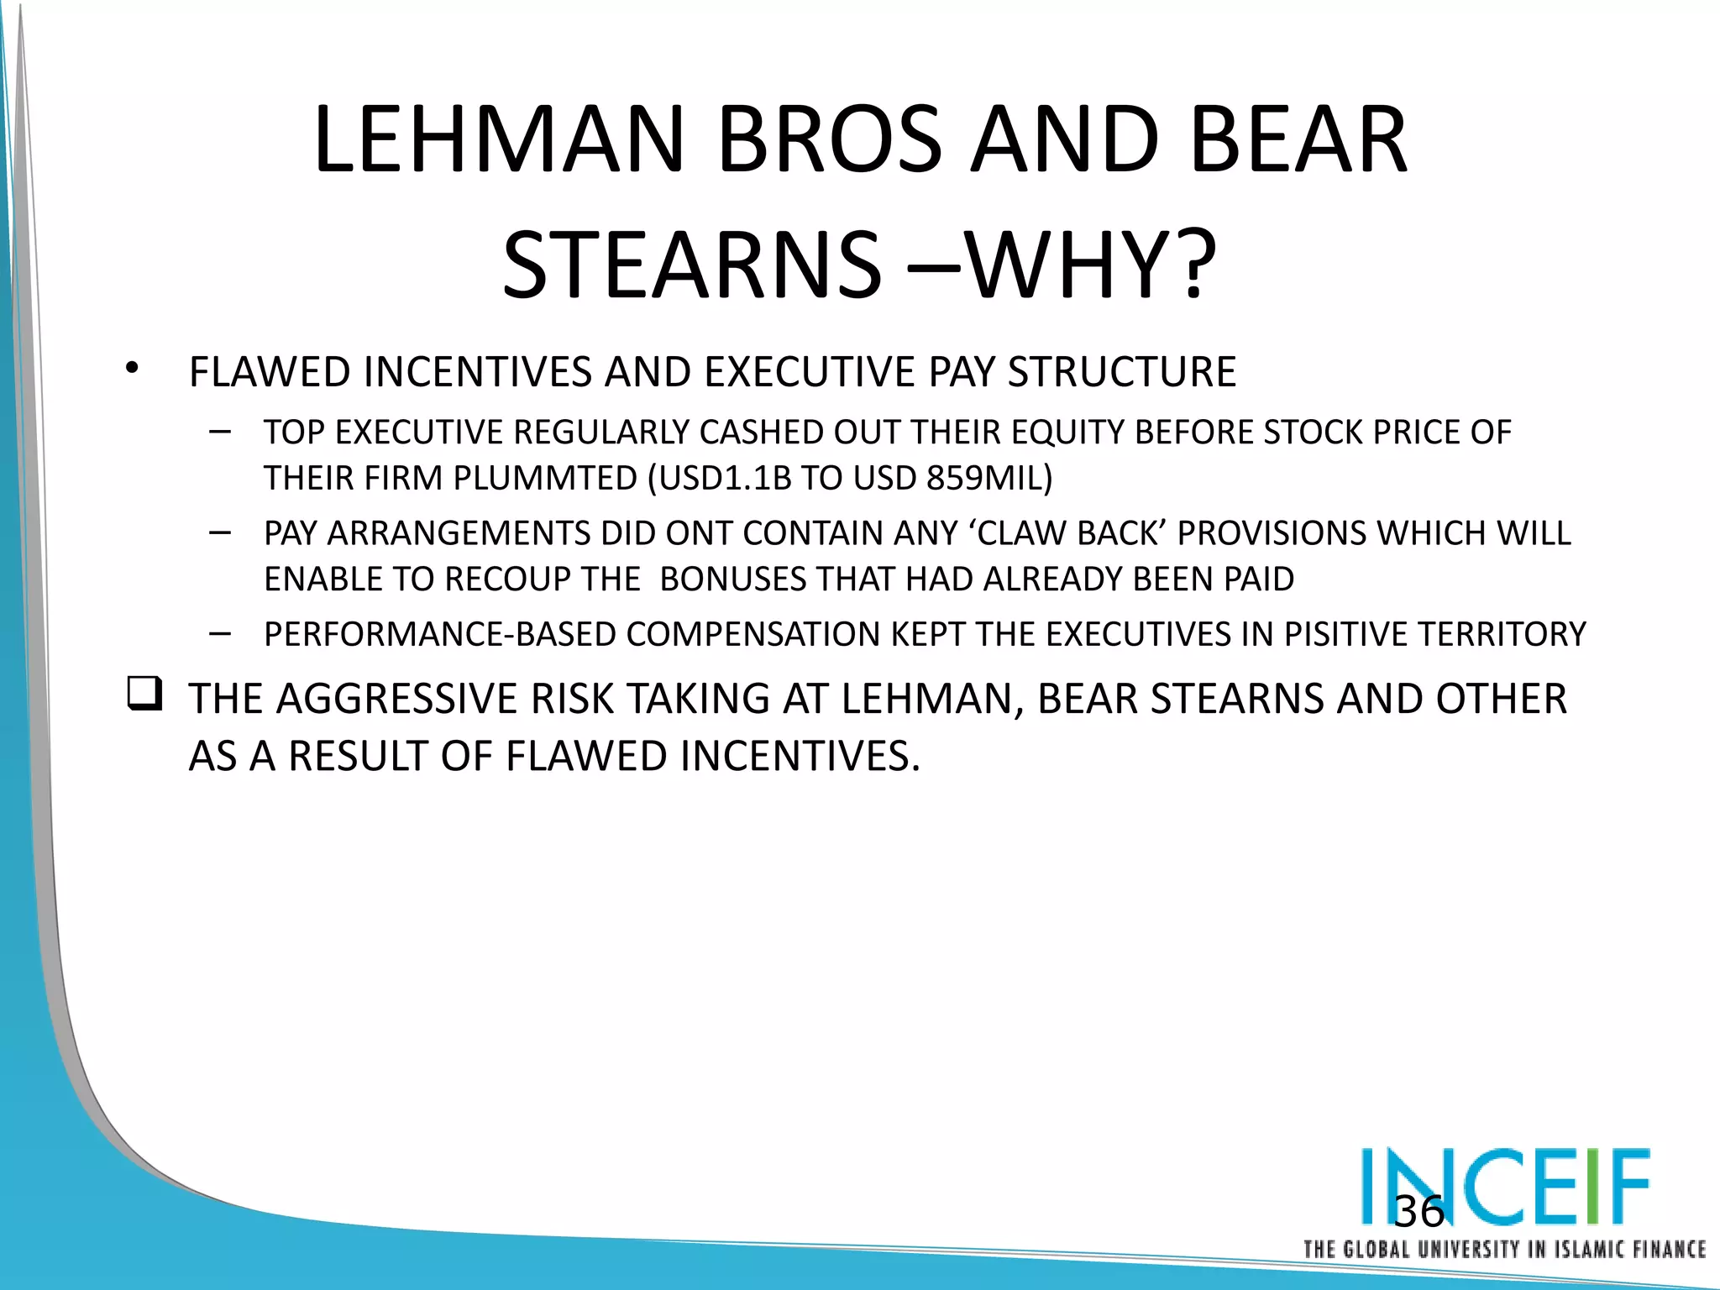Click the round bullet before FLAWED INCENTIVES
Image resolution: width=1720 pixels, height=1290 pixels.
[131, 369]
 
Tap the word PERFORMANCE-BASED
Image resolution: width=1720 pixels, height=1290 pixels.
[440, 634]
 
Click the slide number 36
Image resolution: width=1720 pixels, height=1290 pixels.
[1418, 1211]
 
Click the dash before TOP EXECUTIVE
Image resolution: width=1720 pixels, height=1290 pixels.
[221, 432]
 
